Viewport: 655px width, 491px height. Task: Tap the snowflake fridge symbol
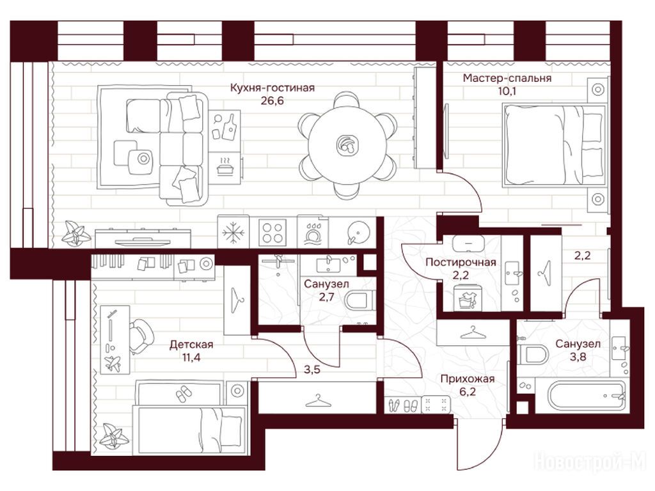[x=233, y=233]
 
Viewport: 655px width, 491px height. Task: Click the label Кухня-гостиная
[x=272, y=88]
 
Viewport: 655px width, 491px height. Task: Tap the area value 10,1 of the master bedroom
[x=507, y=91]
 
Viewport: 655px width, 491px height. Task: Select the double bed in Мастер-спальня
[x=555, y=144]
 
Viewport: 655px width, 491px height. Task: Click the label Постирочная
[x=461, y=262]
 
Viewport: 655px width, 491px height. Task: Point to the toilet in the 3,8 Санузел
[x=533, y=354]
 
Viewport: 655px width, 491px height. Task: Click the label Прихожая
[x=468, y=378]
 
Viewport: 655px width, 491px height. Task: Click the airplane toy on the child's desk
[x=113, y=363]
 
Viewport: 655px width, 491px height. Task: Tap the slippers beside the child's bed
[x=183, y=394]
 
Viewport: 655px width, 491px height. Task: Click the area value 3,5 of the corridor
[x=312, y=370]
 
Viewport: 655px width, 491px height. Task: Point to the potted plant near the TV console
[x=75, y=233]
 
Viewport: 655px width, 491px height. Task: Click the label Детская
[x=191, y=345]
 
